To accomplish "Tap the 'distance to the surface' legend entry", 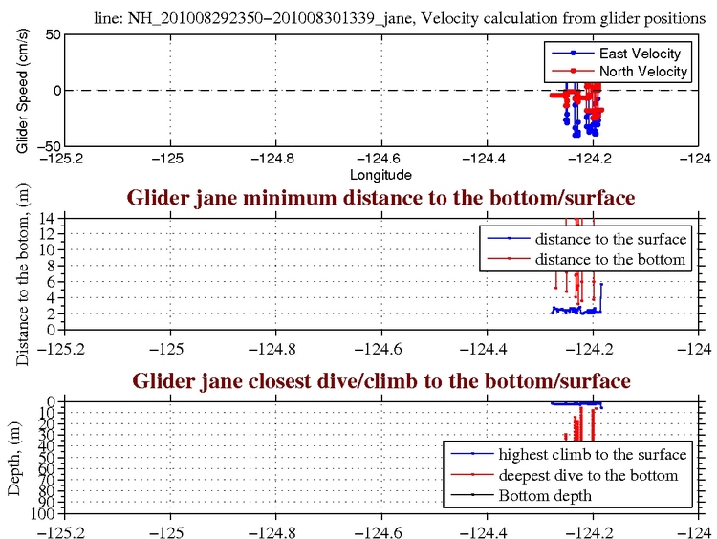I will click(x=610, y=237).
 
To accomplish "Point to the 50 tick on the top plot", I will click(x=54, y=34).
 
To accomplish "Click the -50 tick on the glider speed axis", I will click(x=50, y=145).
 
